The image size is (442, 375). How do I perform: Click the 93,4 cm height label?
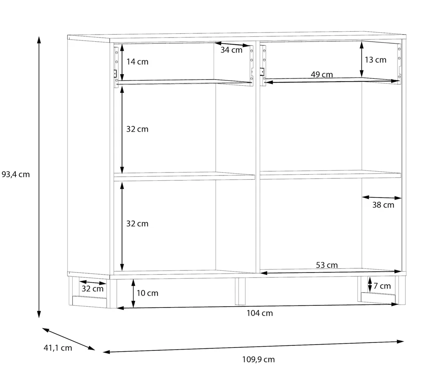[x=16, y=175]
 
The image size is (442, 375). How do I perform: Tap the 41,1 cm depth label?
[x=58, y=348]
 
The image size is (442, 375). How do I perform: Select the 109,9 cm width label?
[x=258, y=360]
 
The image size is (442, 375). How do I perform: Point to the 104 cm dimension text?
[x=260, y=313]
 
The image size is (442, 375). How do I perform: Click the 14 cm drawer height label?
[x=137, y=62]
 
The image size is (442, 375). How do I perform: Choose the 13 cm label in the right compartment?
[x=376, y=60]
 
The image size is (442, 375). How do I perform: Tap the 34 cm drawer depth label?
[x=231, y=50]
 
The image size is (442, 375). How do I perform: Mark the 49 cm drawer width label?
[x=322, y=75]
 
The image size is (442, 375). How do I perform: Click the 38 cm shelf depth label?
[x=384, y=205]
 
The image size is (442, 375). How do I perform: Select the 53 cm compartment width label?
[x=327, y=265]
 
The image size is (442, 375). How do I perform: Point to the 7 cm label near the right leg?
[x=382, y=286]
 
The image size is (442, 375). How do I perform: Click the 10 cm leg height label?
[x=147, y=293]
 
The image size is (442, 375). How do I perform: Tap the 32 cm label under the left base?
[x=93, y=289]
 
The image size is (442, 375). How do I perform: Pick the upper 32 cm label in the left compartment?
[x=137, y=129]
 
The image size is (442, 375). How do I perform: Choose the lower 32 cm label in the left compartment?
[x=137, y=224]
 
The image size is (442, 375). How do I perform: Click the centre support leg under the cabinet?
[x=240, y=291]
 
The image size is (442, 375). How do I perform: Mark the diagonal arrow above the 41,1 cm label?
[x=68, y=339]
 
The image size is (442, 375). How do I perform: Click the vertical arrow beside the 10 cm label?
[x=133, y=293]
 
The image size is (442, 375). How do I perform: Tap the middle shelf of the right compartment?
[x=331, y=175]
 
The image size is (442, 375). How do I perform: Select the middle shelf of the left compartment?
[x=184, y=176]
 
